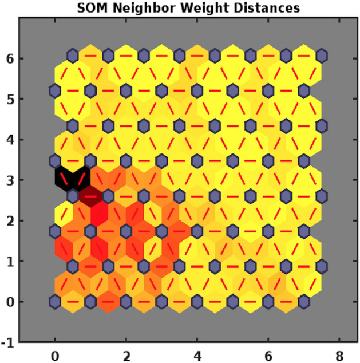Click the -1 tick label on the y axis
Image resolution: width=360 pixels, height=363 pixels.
(x=9, y=342)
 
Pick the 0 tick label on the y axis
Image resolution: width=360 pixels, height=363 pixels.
(x=11, y=302)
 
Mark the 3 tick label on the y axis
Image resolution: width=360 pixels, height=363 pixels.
(x=11, y=180)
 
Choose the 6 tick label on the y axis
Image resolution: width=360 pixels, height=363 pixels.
(x=11, y=58)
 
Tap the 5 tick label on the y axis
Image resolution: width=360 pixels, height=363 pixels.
(x=11, y=99)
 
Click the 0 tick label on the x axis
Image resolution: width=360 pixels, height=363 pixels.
(x=55, y=356)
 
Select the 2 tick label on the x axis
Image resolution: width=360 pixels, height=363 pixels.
(x=126, y=356)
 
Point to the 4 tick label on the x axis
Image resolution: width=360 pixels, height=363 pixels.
(x=197, y=356)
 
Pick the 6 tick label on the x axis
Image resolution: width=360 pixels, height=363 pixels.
(x=268, y=356)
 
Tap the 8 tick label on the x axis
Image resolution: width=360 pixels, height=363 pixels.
(x=339, y=356)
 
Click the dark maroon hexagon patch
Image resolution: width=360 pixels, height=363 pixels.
(x=90, y=196)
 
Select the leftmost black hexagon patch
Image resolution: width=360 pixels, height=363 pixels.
(x=64, y=178)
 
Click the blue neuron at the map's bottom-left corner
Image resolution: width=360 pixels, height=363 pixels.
(x=55, y=301)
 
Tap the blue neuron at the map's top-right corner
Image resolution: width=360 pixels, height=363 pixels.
(x=321, y=56)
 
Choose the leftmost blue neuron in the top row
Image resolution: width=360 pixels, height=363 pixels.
(x=73, y=56)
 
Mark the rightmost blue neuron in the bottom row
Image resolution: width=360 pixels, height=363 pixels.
(x=303, y=301)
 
